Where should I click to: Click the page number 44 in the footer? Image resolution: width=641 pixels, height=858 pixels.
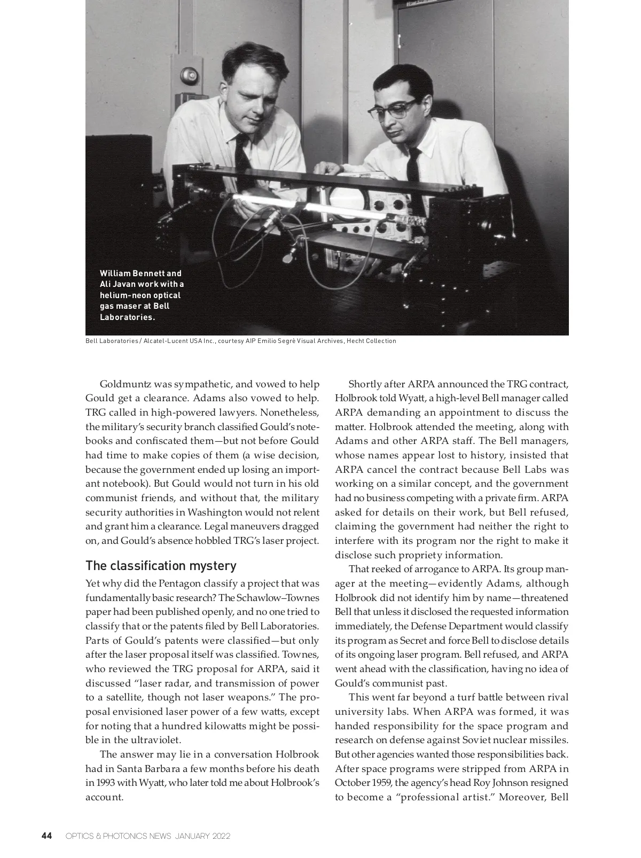click(x=46, y=836)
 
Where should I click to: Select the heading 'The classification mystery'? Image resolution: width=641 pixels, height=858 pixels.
click(x=161, y=566)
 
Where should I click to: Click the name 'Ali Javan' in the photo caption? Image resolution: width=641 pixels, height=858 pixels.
click(x=118, y=284)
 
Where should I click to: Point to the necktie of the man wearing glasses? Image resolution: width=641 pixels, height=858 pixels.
click(x=413, y=166)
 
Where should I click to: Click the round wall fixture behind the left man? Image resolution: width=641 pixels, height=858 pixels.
click(x=189, y=75)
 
